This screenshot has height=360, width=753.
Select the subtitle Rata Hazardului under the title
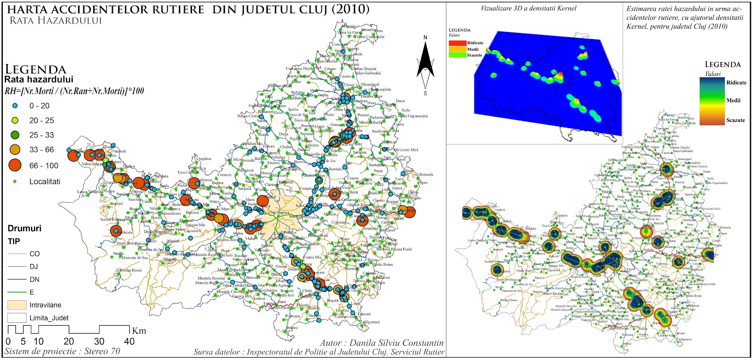click(x=56, y=20)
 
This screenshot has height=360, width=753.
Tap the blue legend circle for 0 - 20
click(x=15, y=106)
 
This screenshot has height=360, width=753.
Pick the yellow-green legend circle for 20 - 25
click(x=15, y=120)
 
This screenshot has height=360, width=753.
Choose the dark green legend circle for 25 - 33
click(x=15, y=135)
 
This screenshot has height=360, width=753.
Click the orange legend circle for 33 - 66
click(x=15, y=150)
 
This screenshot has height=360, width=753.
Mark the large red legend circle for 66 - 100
click(x=15, y=165)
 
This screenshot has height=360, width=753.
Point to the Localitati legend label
click(x=45, y=182)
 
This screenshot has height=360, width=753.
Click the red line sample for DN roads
click(x=16, y=280)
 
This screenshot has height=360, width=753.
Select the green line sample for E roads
click(x=16, y=292)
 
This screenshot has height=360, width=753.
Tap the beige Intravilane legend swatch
click(x=16, y=305)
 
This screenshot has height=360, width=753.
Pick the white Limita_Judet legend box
click(x=16, y=318)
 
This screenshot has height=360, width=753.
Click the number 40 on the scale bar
click(x=129, y=342)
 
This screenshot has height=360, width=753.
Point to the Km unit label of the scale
click(x=139, y=330)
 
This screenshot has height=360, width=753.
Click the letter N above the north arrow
click(x=425, y=38)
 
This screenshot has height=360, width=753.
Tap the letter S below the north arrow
click(x=425, y=93)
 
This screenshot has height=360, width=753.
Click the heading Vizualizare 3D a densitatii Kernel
click(x=529, y=8)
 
